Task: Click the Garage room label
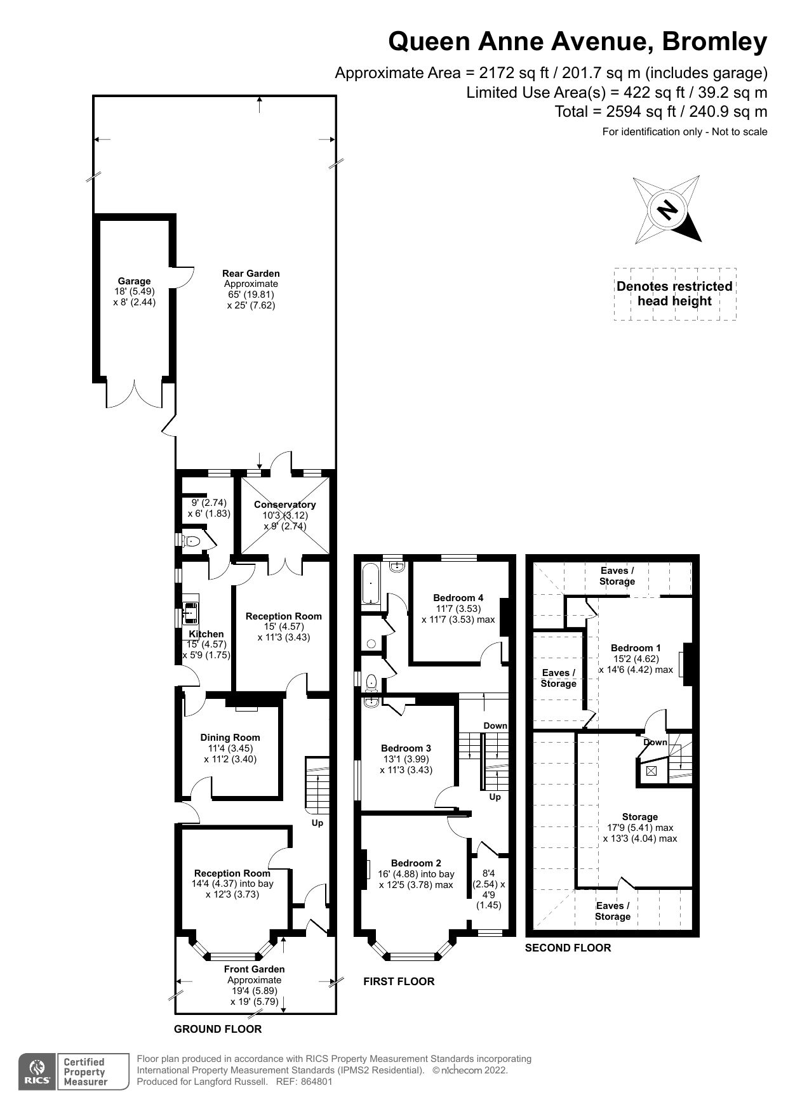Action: pos(134,281)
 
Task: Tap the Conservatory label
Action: pos(284,505)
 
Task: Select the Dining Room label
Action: pos(230,738)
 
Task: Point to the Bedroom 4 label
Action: pos(458,598)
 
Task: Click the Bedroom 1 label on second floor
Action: pos(636,648)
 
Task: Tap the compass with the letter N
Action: pos(667,210)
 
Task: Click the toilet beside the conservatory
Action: pos(190,541)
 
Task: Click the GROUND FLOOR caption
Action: pos(218,1029)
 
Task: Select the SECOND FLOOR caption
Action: pos(568,948)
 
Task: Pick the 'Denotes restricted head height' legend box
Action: pos(674,294)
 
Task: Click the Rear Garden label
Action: pos(251,274)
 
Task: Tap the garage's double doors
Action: pos(135,394)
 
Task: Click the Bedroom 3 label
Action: pos(406,748)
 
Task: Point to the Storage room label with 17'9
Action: pos(639,817)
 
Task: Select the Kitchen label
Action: pos(206,634)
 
